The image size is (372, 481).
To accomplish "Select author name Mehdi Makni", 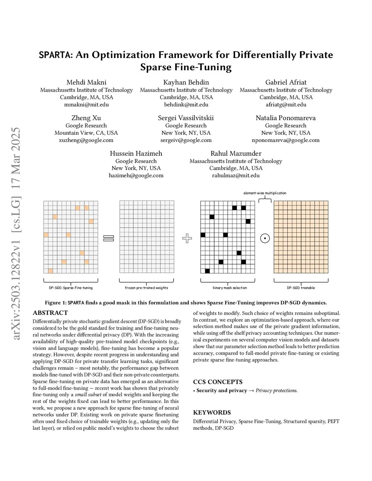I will coord(86,82).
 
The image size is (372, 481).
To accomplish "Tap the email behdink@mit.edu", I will coord(186,105).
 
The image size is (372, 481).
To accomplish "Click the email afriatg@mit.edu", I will coord(286,105).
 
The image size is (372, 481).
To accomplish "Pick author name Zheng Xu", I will coord(86,118).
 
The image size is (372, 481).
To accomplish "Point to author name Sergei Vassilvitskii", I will coord(186,118).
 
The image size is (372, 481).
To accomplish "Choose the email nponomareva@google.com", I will coord(286,140).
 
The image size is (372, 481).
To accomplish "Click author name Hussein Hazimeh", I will coord(136,154).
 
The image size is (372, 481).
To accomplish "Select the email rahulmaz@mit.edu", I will coord(236,175).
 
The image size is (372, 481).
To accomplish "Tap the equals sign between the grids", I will coord(109,238).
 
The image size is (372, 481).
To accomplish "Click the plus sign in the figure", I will coord(187,238).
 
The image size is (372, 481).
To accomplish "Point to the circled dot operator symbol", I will coord(265,239).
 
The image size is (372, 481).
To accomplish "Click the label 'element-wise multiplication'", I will coord(265,193).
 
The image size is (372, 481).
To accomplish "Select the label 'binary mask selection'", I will coord(230,288).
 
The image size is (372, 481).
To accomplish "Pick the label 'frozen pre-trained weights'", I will coord(146,288).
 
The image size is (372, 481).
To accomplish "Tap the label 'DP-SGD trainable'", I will coord(301,288).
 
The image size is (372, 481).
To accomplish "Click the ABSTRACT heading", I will coord(50,313).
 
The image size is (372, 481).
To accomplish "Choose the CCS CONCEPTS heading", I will coord(218,382).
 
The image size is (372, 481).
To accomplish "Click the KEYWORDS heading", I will coord(212,412).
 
